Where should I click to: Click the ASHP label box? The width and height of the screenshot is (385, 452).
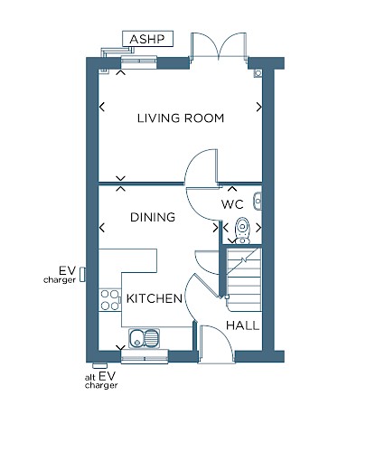147,39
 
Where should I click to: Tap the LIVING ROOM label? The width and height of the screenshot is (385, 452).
181,118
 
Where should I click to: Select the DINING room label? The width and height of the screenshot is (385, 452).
153,217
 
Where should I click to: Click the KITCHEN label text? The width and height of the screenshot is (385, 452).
155,298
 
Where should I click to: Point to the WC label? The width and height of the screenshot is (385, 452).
232,204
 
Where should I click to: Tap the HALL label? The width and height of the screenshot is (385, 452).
243,325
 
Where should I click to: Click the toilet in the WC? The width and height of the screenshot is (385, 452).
242,231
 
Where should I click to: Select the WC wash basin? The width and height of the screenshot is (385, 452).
258,201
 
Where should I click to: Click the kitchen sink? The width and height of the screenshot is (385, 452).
145,338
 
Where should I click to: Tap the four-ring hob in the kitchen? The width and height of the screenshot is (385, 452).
110,300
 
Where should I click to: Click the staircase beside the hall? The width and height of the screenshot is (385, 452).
244,279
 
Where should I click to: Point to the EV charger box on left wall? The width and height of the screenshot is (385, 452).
82,275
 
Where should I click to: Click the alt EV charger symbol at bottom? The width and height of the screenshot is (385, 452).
100,366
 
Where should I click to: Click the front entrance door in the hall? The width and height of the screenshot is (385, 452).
216,344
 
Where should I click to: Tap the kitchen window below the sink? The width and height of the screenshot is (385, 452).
145,357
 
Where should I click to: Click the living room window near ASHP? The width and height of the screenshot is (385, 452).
139,61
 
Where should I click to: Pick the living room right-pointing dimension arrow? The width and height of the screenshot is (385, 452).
259,107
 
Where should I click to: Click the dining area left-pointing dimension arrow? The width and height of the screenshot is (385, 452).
102,228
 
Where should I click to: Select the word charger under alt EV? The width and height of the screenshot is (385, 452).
101,385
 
